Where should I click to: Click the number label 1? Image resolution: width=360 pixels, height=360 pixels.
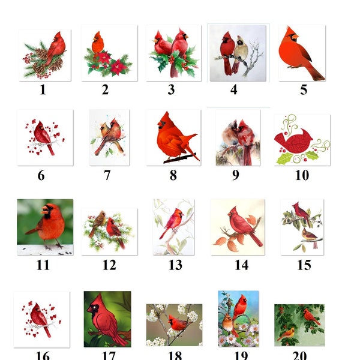(x=43, y=90)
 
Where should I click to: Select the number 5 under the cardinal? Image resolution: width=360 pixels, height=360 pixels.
(x=303, y=90)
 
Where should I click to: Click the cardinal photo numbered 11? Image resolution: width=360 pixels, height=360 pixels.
(x=45, y=227)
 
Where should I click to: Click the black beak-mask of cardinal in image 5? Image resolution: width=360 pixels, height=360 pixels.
(x=293, y=38)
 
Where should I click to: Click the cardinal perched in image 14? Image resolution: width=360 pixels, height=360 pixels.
(x=243, y=227)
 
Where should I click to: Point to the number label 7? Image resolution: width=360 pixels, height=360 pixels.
(x=107, y=175)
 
